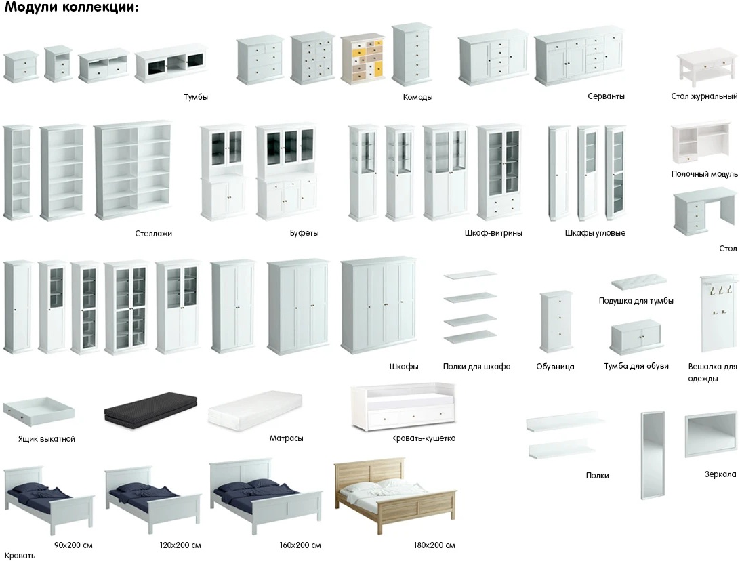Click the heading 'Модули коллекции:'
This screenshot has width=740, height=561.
point(72,7)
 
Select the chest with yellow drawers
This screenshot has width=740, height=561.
point(361,59)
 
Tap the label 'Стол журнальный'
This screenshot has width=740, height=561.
point(704,96)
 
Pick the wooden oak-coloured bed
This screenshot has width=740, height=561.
point(394,494)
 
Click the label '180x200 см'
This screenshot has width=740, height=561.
point(434,545)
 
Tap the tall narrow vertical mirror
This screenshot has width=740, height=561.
point(652,455)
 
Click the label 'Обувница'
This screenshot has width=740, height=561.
point(555,367)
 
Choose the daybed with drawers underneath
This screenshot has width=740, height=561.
point(403,407)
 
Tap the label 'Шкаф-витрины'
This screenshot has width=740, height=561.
point(493,233)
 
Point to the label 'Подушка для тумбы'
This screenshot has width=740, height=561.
point(636,301)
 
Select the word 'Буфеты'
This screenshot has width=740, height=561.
point(304,233)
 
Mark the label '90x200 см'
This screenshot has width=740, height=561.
point(73,545)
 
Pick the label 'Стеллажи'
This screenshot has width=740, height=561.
point(153,234)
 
